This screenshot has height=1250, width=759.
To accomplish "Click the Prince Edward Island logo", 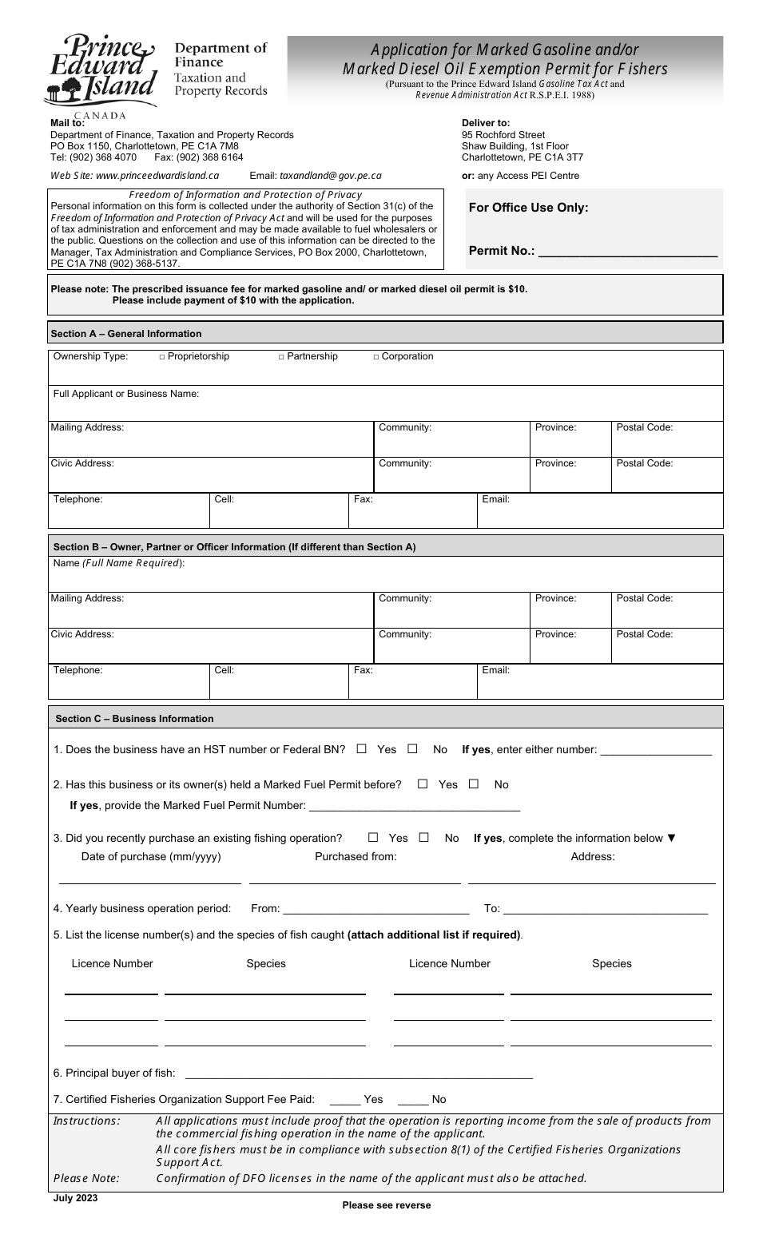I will (100, 72).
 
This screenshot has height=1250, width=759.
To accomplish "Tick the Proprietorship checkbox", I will (162, 357).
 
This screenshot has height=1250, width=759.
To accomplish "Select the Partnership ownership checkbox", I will (281, 357).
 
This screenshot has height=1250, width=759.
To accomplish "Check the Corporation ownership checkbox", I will (376, 357).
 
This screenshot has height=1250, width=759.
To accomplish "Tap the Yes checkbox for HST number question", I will (362, 749).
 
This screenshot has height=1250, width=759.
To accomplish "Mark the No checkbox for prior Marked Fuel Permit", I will (474, 784).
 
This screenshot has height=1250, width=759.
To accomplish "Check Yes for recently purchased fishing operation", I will (373, 838).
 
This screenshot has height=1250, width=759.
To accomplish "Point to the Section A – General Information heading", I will (126, 334).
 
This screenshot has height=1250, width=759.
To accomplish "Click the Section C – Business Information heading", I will (134, 719).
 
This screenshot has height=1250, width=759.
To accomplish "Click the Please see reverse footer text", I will (386, 1205).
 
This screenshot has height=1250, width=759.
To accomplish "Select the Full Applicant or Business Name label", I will (126, 394).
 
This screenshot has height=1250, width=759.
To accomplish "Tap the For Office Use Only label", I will (528, 208).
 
